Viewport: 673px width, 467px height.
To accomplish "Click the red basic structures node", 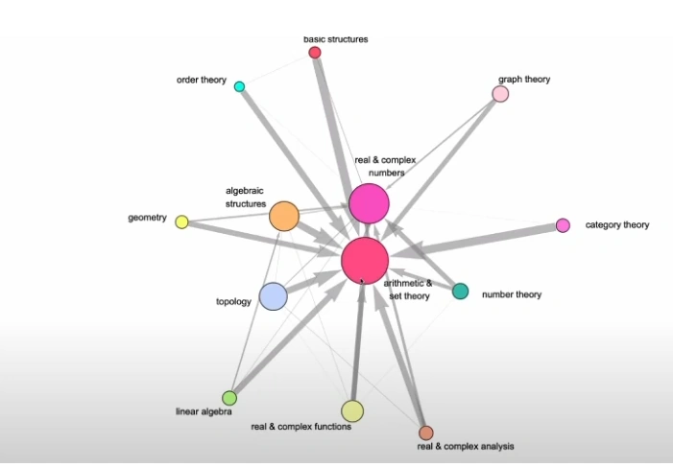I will (x=314, y=52).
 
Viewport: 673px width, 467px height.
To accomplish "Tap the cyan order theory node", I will (x=239, y=86).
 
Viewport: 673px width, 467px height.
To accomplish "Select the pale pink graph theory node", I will (x=500, y=93).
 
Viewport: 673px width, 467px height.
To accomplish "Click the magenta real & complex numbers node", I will (x=369, y=203).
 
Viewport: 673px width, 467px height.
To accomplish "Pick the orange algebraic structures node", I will (x=283, y=216).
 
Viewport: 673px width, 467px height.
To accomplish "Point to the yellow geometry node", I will (x=181, y=222).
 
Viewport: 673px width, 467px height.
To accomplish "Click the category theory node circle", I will (x=563, y=225).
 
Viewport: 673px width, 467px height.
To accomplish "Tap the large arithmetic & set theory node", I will (x=365, y=260).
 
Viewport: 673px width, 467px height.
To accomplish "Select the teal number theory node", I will (x=460, y=292).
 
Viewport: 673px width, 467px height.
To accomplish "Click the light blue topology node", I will (x=273, y=296).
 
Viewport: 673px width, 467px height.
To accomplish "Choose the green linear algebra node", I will (x=229, y=397).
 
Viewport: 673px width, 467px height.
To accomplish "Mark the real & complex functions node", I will (x=352, y=411).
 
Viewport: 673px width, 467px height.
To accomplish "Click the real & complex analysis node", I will (x=426, y=432).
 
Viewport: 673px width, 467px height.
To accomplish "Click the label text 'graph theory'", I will (x=524, y=80).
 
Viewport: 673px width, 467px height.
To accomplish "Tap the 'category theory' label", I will (x=617, y=225).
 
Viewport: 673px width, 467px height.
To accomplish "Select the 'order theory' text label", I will (x=201, y=80).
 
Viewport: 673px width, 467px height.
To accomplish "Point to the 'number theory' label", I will (x=511, y=294).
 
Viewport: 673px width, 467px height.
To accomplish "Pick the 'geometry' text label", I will (x=148, y=218).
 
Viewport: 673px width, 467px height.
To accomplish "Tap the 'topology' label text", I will (x=233, y=302).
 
